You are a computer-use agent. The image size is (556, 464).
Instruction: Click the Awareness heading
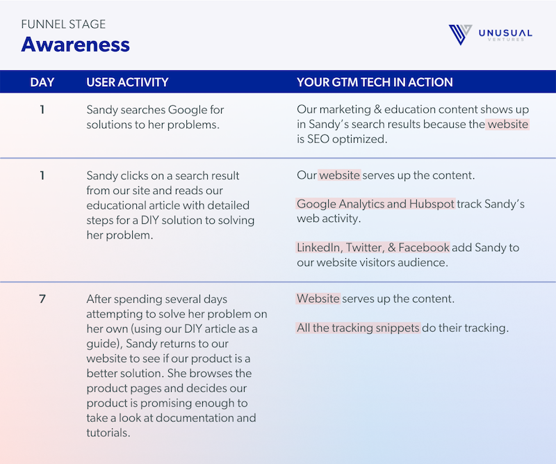coord(75,45)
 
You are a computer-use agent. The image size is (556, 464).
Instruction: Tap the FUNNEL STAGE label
coord(63,24)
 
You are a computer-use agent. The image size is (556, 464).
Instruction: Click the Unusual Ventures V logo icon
coord(461,34)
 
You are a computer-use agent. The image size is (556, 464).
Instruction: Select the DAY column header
coord(42,82)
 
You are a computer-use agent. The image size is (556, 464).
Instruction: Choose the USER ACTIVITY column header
coord(127,82)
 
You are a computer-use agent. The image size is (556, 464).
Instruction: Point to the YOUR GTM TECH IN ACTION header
coord(375,82)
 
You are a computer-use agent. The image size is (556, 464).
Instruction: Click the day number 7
coord(42,299)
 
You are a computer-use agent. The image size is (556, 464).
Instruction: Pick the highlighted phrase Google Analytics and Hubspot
coord(376,205)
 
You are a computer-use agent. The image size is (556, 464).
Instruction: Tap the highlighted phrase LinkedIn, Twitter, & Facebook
coord(373,248)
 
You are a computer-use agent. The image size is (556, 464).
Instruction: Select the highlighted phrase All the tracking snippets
coord(358,327)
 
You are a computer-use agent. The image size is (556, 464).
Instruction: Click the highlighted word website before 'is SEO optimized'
coord(508,125)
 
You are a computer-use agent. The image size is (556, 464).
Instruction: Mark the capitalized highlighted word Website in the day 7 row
coord(318,299)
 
